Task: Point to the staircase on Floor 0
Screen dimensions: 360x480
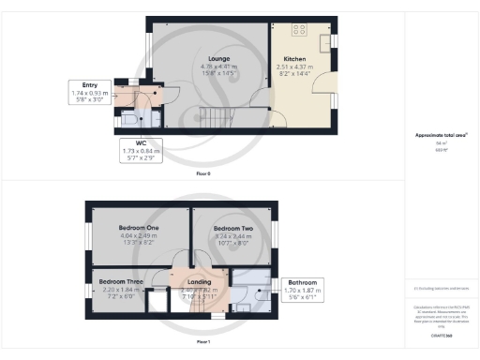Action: tap(215, 119)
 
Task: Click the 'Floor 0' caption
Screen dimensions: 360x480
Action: tap(203, 174)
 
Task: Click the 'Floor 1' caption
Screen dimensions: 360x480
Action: tap(203, 343)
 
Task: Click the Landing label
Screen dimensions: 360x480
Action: tap(199, 281)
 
